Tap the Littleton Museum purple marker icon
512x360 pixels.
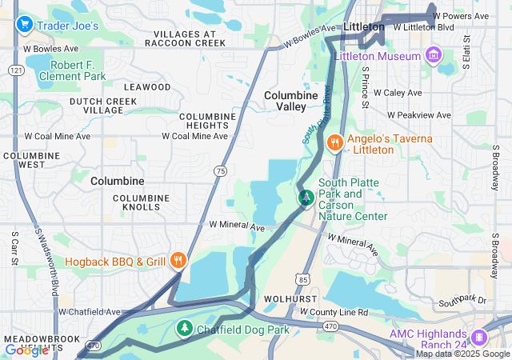[x=433, y=56]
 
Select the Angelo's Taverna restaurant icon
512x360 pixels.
[x=334, y=142]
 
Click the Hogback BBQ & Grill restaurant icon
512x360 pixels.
[x=178, y=261]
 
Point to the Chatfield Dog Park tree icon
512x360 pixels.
[x=184, y=328]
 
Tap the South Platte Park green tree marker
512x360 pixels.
[x=305, y=197]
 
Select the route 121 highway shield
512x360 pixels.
[x=15, y=71]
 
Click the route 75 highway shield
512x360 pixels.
[x=219, y=170]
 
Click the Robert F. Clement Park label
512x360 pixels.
[x=78, y=70]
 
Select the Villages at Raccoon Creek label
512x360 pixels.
[x=185, y=39]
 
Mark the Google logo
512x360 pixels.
[x=26, y=350]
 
